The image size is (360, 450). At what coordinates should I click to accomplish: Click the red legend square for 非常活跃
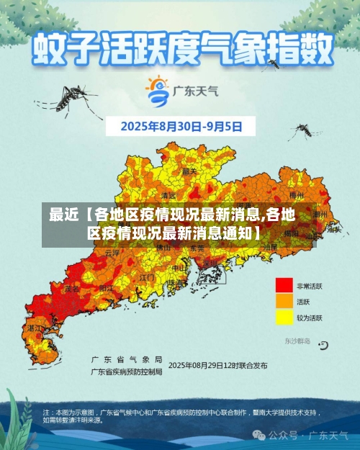(284, 286)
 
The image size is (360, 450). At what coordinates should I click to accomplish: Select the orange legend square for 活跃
(284, 302)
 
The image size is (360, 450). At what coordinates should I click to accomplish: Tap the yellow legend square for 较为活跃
(284, 318)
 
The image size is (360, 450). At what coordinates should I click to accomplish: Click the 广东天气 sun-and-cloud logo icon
(156, 91)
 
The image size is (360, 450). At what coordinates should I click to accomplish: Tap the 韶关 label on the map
(189, 171)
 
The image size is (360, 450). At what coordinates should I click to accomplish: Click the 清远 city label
(168, 195)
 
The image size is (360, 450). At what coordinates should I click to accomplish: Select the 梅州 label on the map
(296, 194)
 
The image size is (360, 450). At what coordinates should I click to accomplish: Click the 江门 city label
(147, 276)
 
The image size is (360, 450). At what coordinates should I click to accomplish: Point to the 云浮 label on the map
(112, 253)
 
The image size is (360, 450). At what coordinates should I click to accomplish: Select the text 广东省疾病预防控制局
(127, 372)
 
